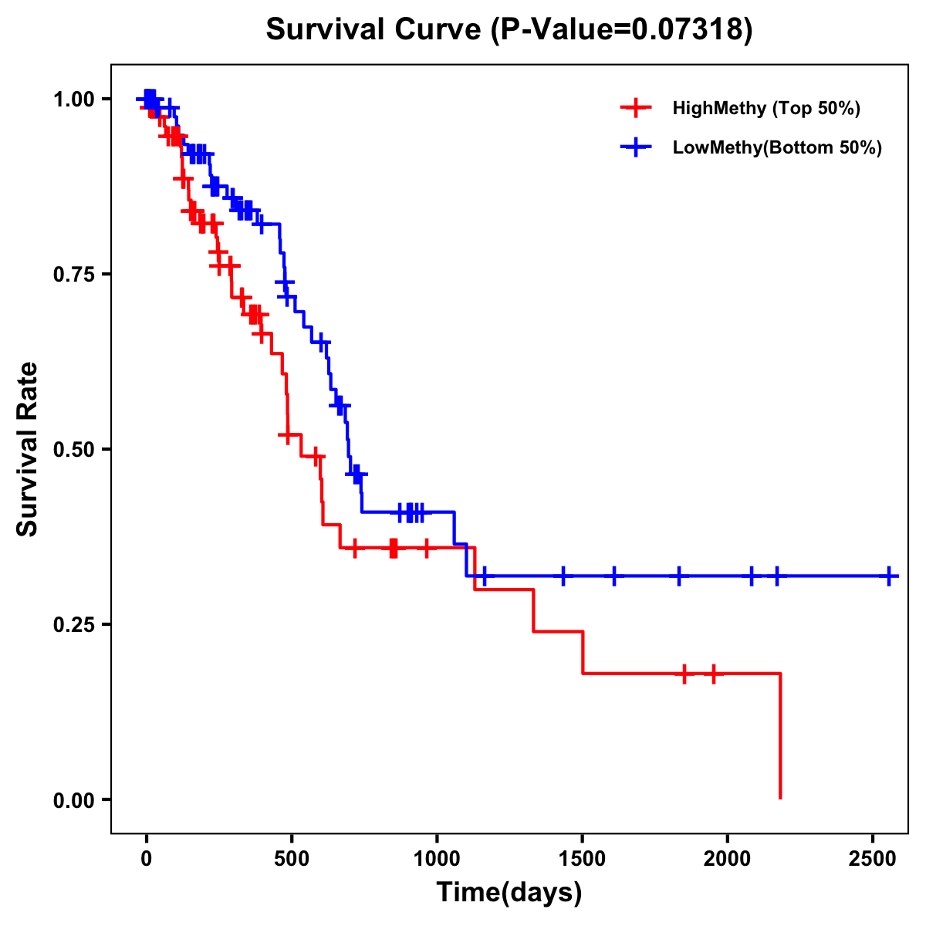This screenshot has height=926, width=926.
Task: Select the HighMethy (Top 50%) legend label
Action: (765, 108)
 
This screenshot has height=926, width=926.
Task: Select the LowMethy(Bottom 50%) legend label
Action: (777, 148)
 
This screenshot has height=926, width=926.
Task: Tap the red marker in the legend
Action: (636, 108)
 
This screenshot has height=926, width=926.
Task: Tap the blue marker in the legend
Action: (636, 148)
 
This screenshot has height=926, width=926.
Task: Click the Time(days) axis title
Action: (509, 893)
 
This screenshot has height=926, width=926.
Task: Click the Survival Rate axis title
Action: (28, 449)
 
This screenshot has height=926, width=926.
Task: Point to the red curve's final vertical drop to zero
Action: (780, 737)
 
